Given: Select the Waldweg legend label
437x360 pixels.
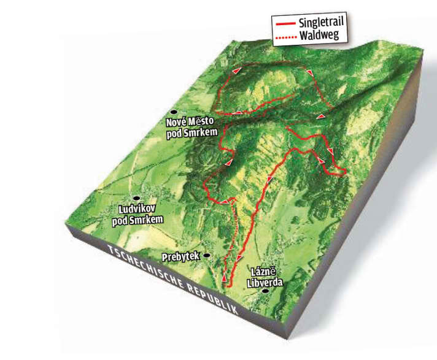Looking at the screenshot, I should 318,36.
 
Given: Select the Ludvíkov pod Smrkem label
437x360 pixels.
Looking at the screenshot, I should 141,215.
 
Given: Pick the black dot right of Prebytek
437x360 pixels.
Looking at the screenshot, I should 207,255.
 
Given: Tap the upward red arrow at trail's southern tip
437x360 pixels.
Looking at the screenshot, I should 225,279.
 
